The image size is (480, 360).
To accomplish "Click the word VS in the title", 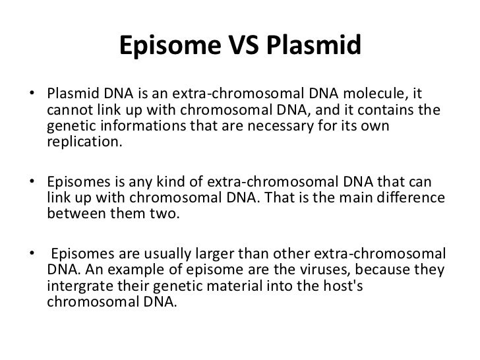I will (251, 47).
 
